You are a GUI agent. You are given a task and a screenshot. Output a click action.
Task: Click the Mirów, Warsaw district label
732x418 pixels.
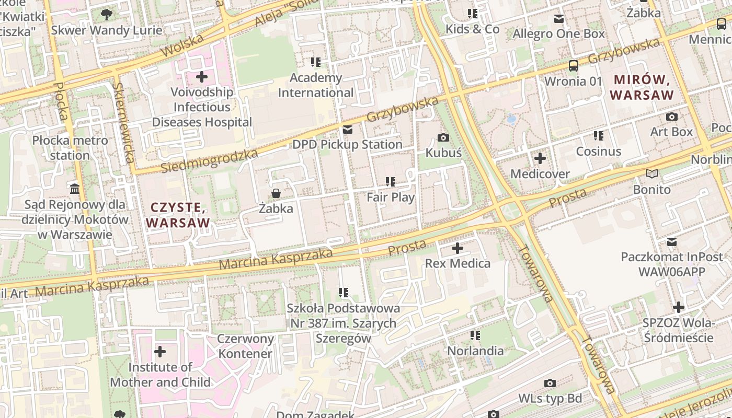pos(642,87)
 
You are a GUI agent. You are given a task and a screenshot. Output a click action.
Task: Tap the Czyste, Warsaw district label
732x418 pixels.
pos(178,215)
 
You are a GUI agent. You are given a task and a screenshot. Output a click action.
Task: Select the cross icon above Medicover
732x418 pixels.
pos(540,158)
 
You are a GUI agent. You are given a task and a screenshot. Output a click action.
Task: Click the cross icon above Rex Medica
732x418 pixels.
pos(458,248)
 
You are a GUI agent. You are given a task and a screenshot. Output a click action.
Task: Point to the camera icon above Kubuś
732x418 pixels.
pos(443,137)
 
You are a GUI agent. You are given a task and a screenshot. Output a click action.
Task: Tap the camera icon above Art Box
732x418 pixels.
pos(672,117)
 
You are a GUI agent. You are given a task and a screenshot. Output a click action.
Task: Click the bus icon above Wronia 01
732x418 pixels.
pos(574,66)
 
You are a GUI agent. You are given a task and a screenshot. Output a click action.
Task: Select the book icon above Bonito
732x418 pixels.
pos(651,174)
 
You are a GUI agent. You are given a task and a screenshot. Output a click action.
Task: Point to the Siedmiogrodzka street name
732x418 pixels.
pos(209,160)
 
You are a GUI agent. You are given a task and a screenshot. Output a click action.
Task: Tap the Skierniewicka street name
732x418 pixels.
pos(123,122)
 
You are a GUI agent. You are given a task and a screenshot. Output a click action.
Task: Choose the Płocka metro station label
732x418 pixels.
pos(70,148)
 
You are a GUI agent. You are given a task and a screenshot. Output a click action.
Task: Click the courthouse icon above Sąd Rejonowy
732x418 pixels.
pos(75,188)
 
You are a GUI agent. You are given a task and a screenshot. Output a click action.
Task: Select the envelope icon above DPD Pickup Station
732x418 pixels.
pos(347,129)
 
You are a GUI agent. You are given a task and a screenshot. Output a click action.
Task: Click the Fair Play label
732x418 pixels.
pos(391,197)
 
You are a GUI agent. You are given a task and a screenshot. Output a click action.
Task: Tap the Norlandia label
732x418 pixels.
pos(475,351)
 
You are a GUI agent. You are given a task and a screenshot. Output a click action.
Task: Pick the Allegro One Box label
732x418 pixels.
pos(558,34)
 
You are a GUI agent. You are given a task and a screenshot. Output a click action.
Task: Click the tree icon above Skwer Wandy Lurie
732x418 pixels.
pos(107,14)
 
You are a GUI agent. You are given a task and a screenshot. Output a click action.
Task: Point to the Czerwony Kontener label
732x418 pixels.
pos(245,346)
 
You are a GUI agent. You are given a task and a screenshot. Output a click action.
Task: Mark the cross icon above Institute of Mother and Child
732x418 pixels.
pos(160,352)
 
